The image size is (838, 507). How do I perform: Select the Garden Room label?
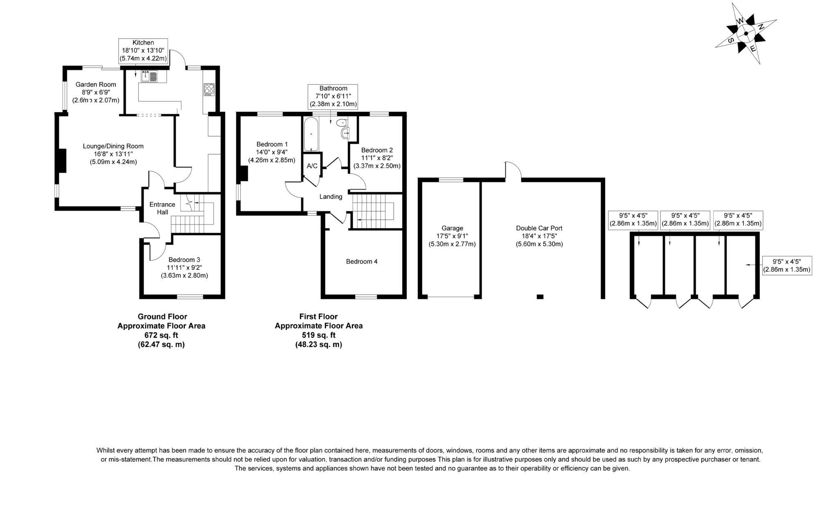(x=96, y=85)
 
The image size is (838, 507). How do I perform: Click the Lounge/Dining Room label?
(x=113, y=146)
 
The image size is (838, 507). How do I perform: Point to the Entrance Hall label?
(x=162, y=208)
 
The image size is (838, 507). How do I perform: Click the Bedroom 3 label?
(x=184, y=260)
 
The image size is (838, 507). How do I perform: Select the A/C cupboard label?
(x=312, y=166)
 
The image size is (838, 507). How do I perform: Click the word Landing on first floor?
(x=331, y=197)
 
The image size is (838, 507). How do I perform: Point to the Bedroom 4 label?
(x=362, y=262)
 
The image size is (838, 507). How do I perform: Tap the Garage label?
(x=452, y=228)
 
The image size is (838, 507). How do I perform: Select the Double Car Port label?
(x=539, y=228)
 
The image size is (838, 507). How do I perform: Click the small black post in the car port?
(x=540, y=296)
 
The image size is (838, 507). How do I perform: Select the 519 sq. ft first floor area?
(x=318, y=335)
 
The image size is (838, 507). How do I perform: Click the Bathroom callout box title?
(x=333, y=88)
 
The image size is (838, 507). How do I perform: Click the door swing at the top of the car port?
(x=513, y=169)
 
